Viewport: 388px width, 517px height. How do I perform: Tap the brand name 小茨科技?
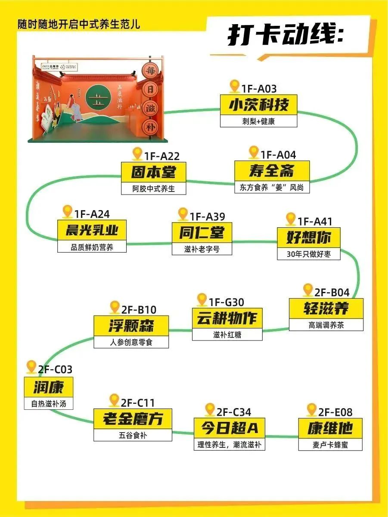coord(258,105)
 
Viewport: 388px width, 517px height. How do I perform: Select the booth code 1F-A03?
coord(259,89)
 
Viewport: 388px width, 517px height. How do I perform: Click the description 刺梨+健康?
coord(258,121)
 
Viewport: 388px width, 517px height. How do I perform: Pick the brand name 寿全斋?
coord(272,171)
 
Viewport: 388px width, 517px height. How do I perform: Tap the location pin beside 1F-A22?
coord(137,154)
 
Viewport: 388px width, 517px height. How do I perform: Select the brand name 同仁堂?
coord(202,233)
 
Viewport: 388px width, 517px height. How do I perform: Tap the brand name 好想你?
coord(309,238)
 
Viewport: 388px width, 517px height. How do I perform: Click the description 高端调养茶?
coord(326,325)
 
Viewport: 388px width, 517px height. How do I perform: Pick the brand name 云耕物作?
coord(227,319)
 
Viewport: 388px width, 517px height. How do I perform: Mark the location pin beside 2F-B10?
coord(115,307)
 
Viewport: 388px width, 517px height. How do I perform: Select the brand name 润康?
coord(48,388)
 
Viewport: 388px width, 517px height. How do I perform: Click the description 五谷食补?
coord(133,435)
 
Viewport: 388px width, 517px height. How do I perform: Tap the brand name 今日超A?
coord(229,428)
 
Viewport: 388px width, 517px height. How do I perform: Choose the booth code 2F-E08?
coord(335,412)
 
